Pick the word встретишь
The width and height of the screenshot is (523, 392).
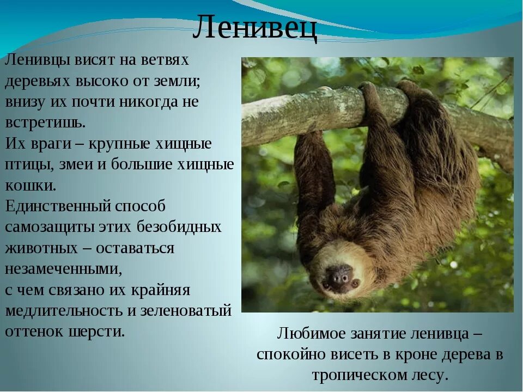click(x=45, y=122)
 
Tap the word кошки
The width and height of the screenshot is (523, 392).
click(x=31, y=185)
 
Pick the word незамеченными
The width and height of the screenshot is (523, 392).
click(x=63, y=269)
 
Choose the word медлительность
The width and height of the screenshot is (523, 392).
click(x=66, y=311)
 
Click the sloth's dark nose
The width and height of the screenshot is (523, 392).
click(x=339, y=276)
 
